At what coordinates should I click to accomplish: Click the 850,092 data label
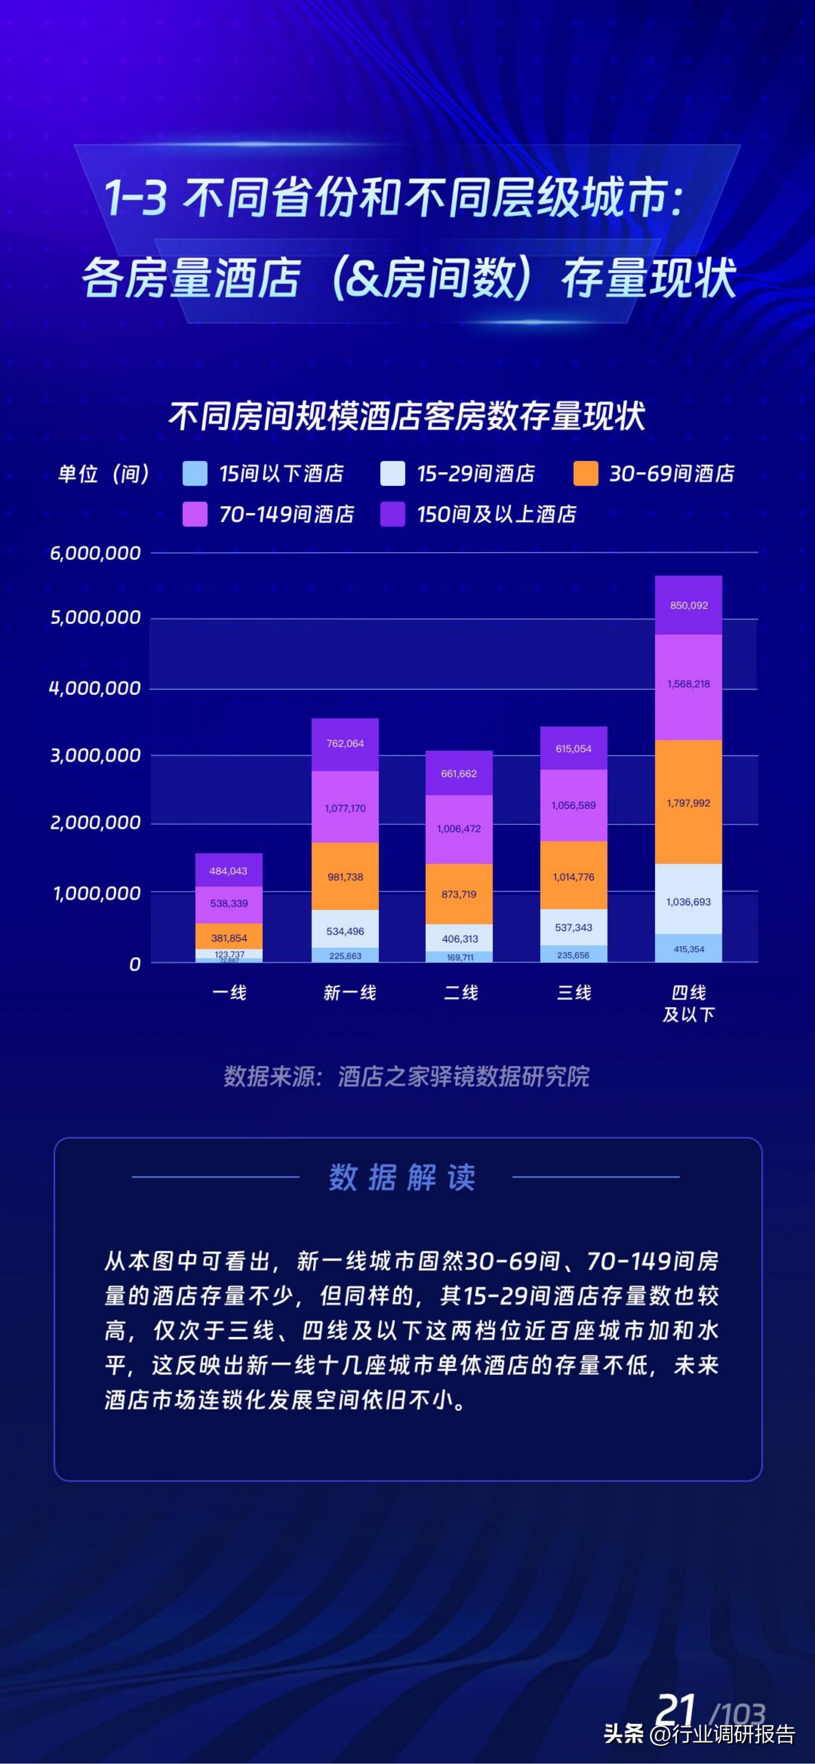pos(688,605)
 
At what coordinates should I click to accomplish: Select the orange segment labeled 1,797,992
pos(688,803)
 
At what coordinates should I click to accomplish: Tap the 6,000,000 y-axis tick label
pos(95,553)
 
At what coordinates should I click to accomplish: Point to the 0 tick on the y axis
pos(135,964)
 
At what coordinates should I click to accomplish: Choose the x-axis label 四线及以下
pos(688,1003)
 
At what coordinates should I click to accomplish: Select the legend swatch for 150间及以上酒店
pos(392,514)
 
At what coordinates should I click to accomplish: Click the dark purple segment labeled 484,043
pos(229,870)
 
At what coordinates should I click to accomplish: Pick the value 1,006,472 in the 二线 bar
pos(459,829)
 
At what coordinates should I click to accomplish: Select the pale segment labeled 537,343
pos(573,927)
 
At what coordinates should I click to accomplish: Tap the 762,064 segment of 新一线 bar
pos(345,743)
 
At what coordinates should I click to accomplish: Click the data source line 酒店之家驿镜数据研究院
pos(407,1076)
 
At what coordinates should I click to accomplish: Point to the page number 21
pos(676,1709)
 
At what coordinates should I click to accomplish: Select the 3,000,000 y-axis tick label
pos(95,755)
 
